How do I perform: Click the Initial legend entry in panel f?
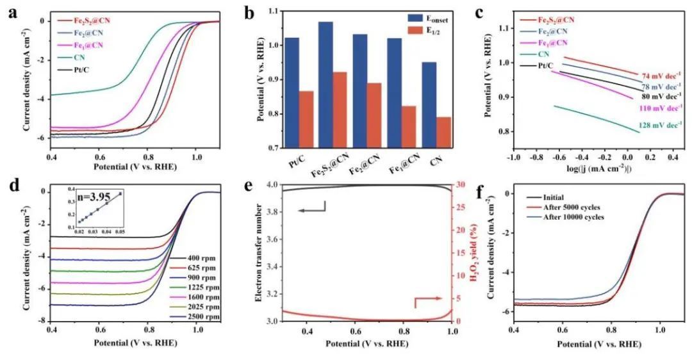point(548,198)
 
